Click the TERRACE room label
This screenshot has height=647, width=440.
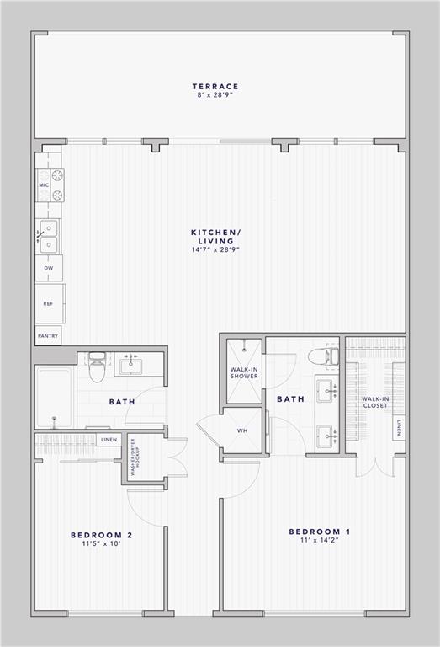215,86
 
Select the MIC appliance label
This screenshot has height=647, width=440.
42,184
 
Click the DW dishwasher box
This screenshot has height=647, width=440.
48,269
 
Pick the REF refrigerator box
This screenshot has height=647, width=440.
49,302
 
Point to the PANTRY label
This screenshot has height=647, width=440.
48,335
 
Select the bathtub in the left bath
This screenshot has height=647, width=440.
54,396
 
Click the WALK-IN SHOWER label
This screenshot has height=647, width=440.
244,372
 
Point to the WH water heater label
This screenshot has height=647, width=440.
242,430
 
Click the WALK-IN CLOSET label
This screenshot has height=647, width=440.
374,402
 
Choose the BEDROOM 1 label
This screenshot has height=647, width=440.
319,532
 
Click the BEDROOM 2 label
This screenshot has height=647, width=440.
101,535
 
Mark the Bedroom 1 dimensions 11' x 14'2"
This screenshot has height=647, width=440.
319,542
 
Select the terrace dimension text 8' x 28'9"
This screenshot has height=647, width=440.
215,95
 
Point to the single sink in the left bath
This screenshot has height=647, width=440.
130,366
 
